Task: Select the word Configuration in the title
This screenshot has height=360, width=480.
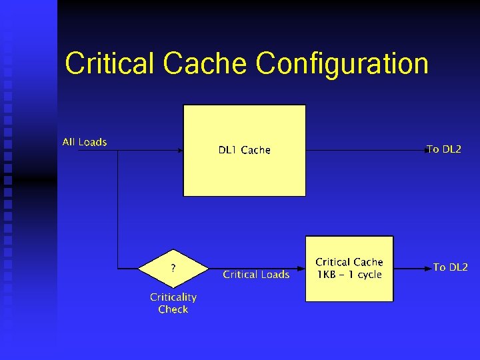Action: (x=342, y=64)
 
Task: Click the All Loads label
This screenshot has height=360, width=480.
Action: (x=85, y=142)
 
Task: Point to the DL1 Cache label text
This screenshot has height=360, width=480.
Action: (x=245, y=150)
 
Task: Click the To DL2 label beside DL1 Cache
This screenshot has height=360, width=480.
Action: (x=444, y=149)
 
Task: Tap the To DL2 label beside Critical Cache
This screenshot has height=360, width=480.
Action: (x=451, y=267)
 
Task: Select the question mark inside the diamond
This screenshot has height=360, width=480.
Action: (x=173, y=268)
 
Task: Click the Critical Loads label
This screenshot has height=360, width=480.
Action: (x=256, y=275)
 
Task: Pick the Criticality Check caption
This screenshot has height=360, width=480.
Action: (x=173, y=303)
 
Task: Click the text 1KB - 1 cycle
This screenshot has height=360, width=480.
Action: (x=349, y=275)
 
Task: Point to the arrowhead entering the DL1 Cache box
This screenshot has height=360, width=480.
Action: (x=180, y=151)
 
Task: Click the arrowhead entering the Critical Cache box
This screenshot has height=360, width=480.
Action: (x=302, y=269)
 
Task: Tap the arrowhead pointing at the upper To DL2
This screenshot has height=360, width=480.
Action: (x=427, y=151)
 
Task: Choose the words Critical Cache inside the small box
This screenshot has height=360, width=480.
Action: (x=349, y=262)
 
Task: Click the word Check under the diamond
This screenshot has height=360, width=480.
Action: (x=173, y=309)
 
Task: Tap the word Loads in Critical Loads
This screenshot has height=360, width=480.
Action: (x=275, y=275)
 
